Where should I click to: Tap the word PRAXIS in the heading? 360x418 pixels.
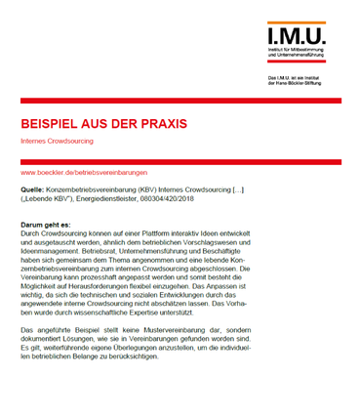pos(159,125)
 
